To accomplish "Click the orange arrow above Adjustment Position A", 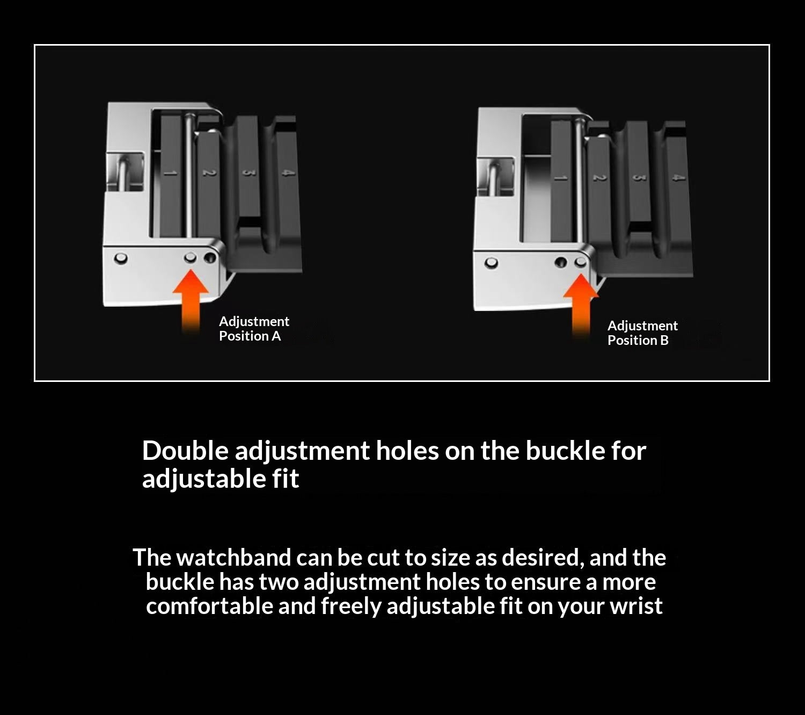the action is click(x=191, y=302).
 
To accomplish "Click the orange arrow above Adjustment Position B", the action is click(x=581, y=306).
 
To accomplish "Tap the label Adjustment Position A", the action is click(x=254, y=328).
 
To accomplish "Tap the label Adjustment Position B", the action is click(x=642, y=333).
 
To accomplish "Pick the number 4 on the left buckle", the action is click(x=287, y=173).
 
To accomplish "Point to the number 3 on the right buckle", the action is click(x=638, y=178).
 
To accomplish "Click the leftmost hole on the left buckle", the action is click(x=121, y=258).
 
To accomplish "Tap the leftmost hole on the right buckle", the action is click(x=492, y=263).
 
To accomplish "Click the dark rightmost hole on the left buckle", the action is click(x=210, y=258).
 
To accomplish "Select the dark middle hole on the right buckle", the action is click(x=561, y=263).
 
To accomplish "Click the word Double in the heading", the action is click(x=185, y=451).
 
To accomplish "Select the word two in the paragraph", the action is click(x=279, y=582).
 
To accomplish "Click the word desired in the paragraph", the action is click(x=543, y=558).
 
